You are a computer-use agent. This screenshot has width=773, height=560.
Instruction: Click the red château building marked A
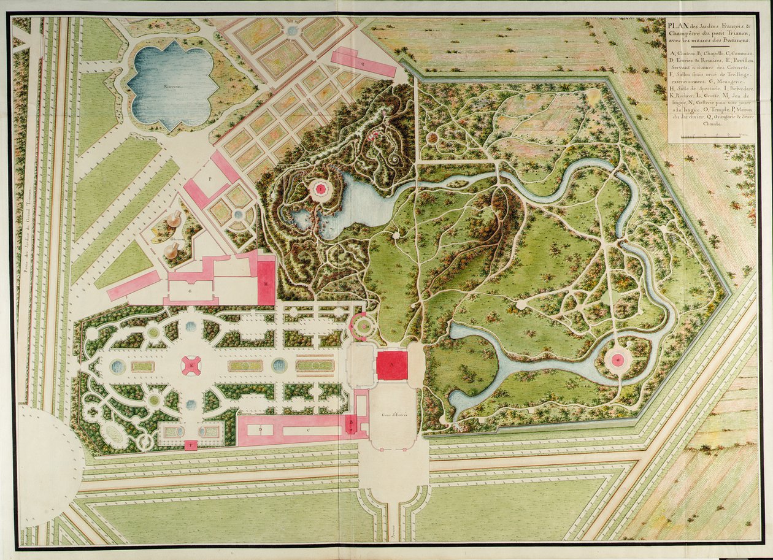pyautogui.click(x=392, y=366)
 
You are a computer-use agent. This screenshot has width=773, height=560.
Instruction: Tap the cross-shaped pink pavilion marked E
pyautogui.click(x=191, y=366)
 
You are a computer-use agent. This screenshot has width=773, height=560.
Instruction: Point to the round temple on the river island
pyautogui.click(x=617, y=359)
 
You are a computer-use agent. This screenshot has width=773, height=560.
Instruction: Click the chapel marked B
pyautogui.click(x=350, y=423)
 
